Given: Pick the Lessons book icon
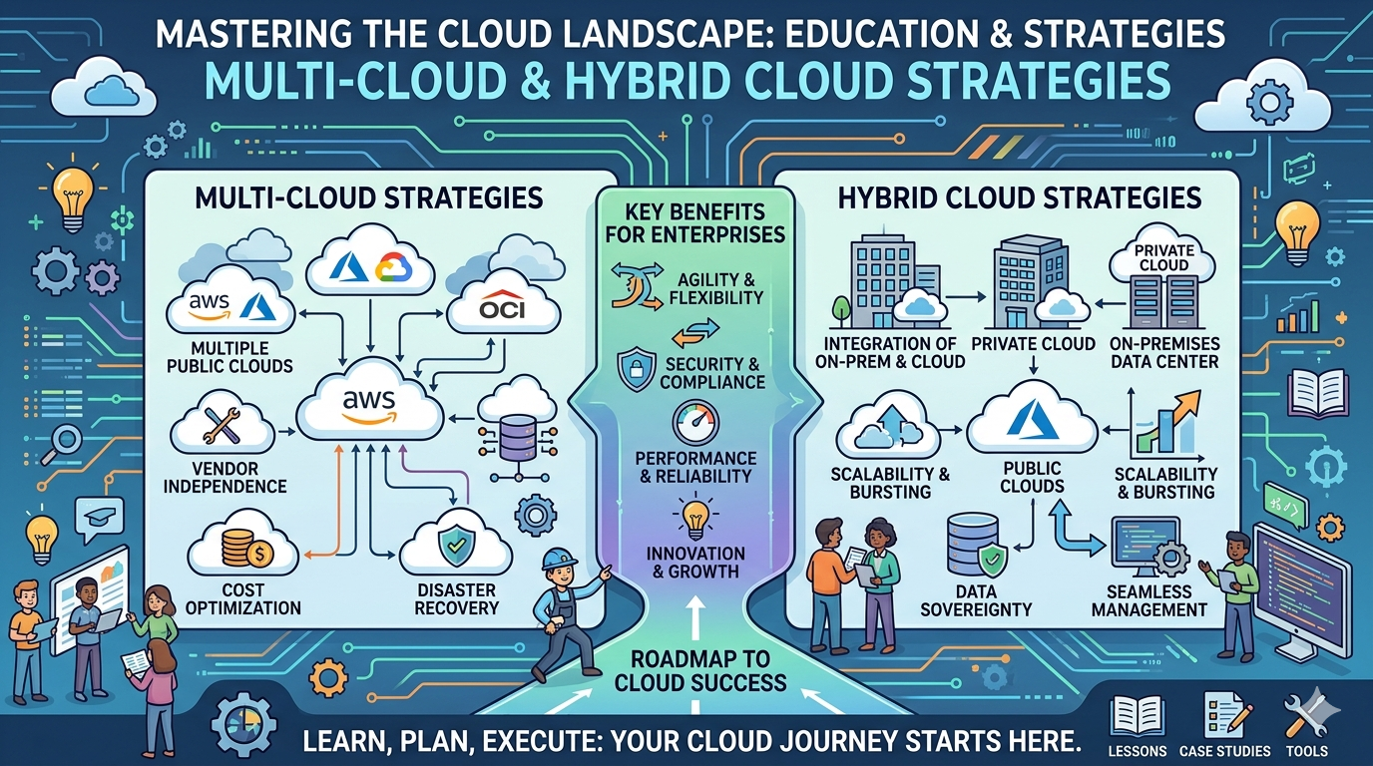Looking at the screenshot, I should click(x=1137, y=715).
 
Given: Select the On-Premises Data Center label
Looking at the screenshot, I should click(x=1164, y=352).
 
